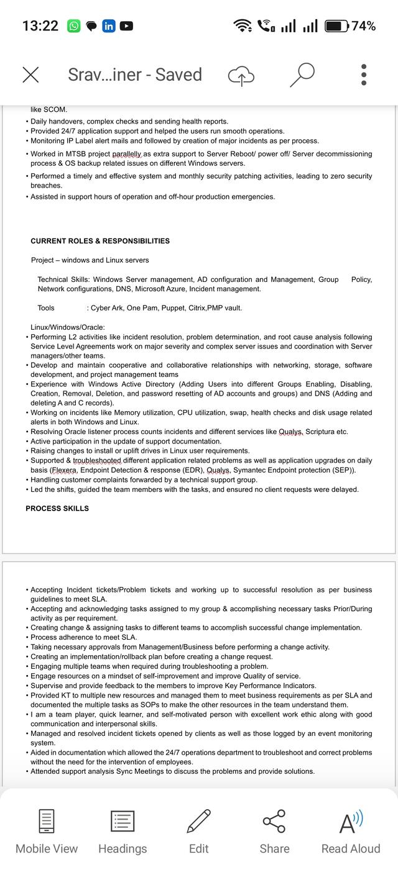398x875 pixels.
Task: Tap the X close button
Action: [x=30, y=75]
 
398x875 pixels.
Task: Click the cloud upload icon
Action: [x=241, y=76]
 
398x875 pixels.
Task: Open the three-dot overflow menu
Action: [x=364, y=75]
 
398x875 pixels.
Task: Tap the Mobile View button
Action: [x=47, y=831]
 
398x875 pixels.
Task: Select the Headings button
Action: [x=123, y=831]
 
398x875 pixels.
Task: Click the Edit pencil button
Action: [x=198, y=831]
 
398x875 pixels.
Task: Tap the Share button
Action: [x=274, y=831]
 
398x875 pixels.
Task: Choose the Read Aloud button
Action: [x=351, y=831]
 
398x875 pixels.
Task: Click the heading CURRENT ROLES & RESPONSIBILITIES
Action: [x=100, y=241]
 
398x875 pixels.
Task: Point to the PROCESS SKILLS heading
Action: [x=57, y=509]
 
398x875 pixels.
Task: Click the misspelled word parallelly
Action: [x=127, y=154]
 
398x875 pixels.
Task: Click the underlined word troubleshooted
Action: [x=97, y=461]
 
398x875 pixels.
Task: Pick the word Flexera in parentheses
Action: [x=65, y=470]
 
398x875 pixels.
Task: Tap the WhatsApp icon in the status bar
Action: [x=73, y=26]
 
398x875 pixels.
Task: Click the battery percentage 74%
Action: [x=364, y=26]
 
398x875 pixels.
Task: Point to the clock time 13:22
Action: [x=40, y=26]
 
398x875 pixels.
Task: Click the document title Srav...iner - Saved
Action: [x=135, y=75]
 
